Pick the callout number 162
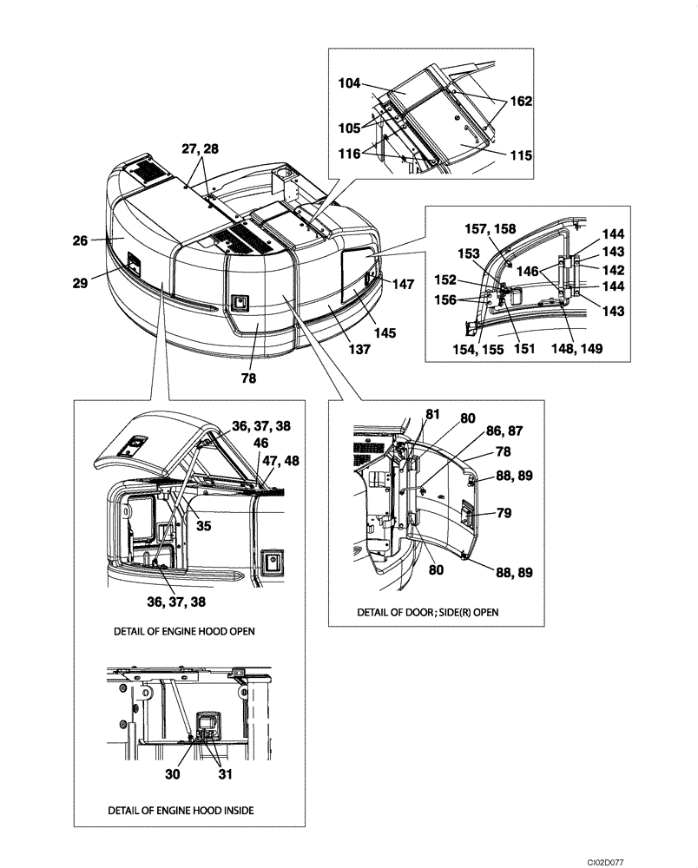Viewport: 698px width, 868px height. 519,102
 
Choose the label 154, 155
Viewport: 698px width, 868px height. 477,350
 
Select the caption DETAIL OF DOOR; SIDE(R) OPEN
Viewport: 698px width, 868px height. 429,612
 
